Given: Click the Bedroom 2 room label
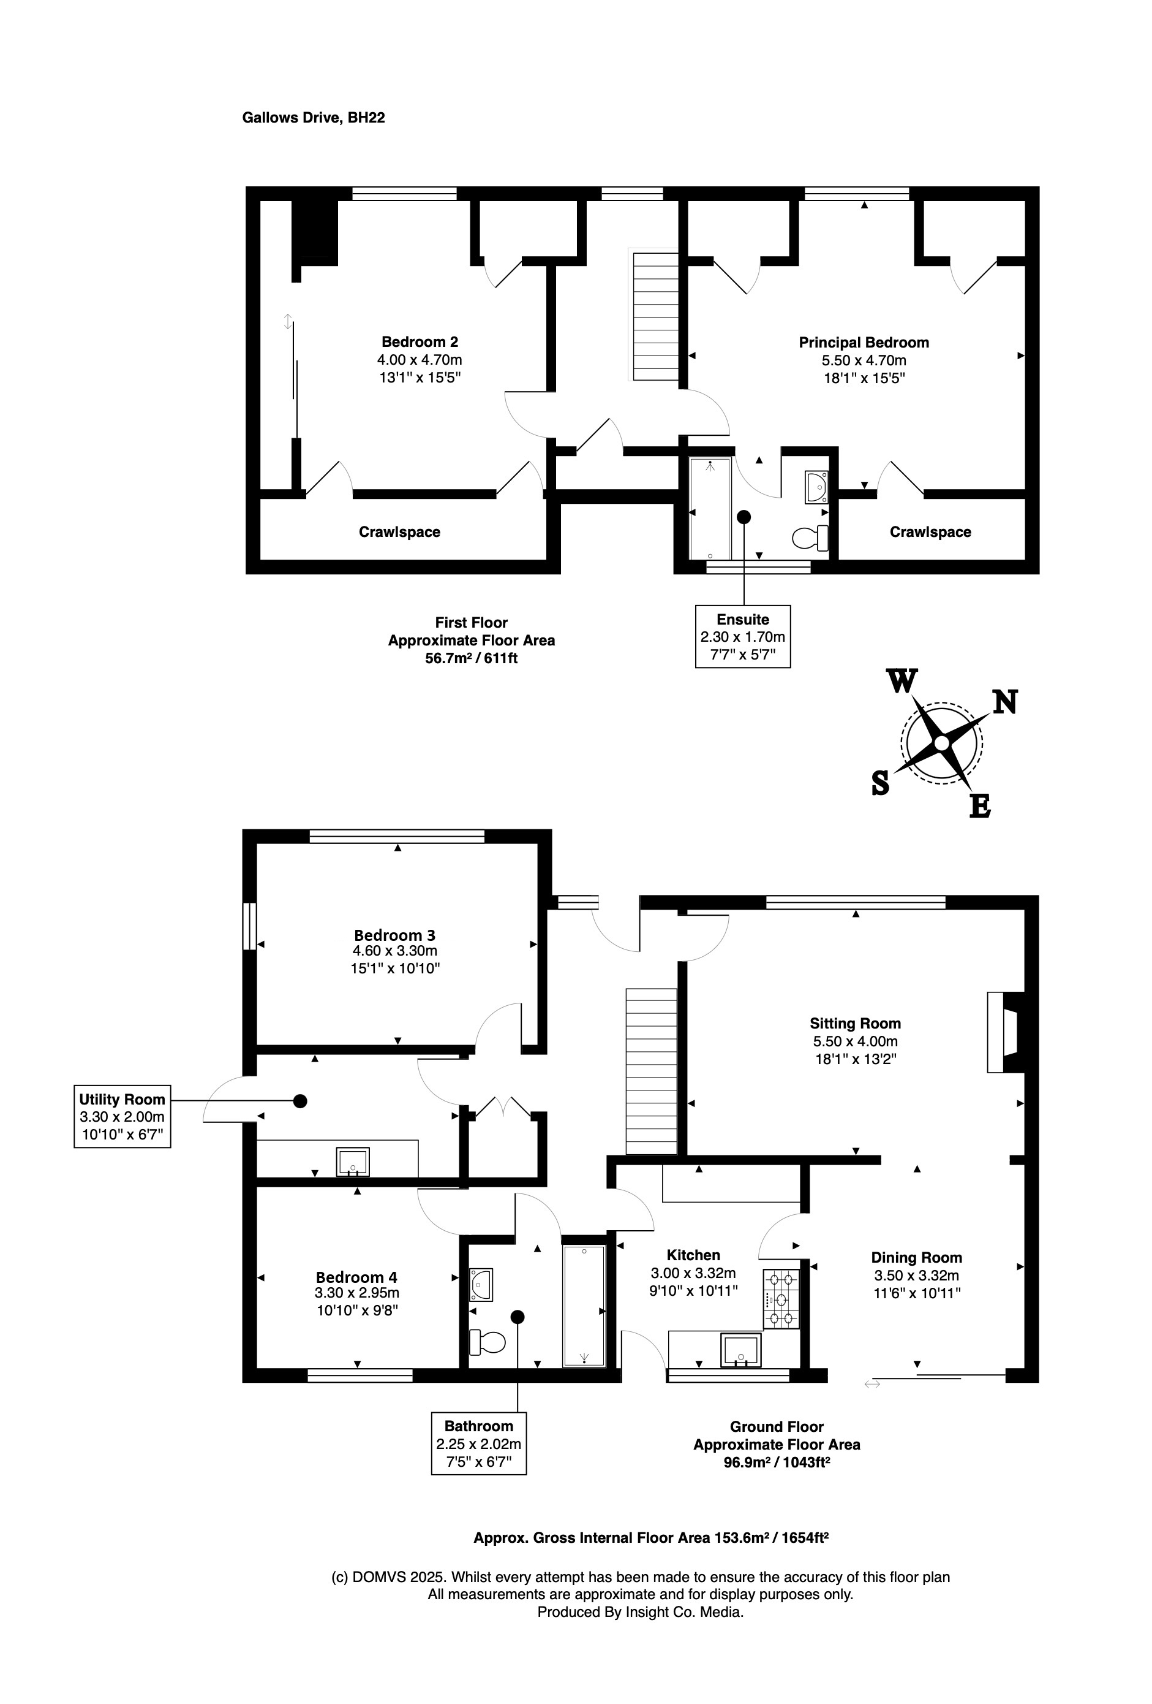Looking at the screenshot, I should pyautogui.click(x=419, y=341).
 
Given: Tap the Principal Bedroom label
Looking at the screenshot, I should pyautogui.click(x=864, y=343).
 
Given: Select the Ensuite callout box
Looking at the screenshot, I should pyautogui.click(x=742, y=636).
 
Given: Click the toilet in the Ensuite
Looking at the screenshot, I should pyautogui.click(x=810, y=538).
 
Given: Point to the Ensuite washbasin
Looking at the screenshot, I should pyautogui.click(x=816, y=487).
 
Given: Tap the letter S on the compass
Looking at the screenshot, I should pyautogui.click(x=880, y=784).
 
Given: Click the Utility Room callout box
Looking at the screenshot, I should pyautogui.click(x=122, y=1117).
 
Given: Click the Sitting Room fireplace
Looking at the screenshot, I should pyautogui.click(x=1006, y=1033).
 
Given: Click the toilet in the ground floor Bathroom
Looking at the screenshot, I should pyautogui.click(x=488, y=1342).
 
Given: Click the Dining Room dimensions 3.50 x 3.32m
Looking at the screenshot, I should pyautogui.click(x=916, y=1275).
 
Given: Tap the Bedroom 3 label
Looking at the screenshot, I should pyautogui.click(x=394, y=935).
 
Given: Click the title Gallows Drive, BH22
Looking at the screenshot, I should pyautogui.click(x=314, y=117).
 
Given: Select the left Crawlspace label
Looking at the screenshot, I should pyautogui.click(x=399, y=532).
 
